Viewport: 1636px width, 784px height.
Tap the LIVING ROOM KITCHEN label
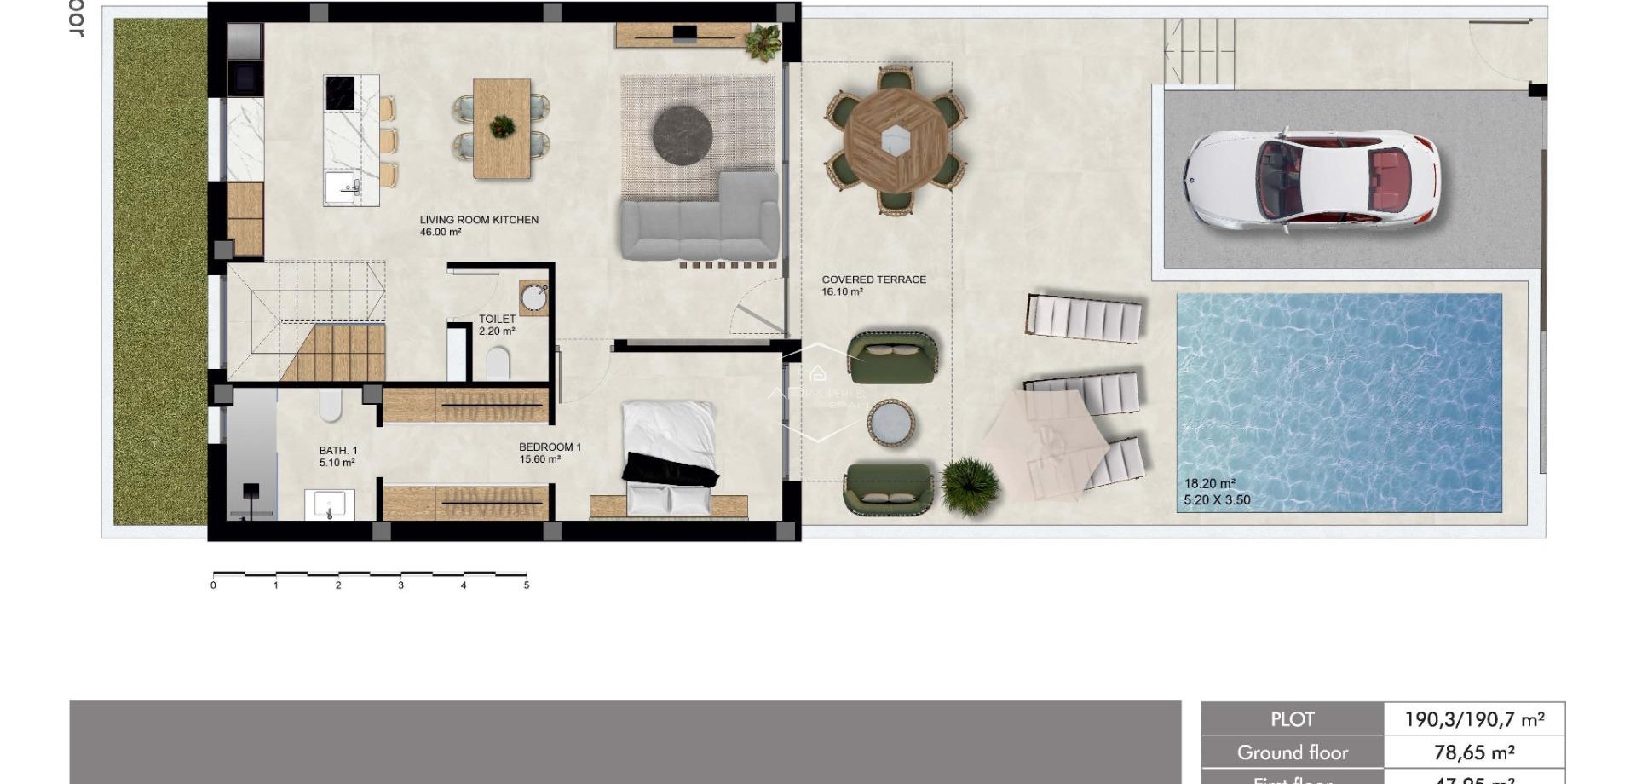[x=479, y=220]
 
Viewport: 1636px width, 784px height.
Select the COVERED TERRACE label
[x=873, y=280]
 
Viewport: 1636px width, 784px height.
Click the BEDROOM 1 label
[x=550, y=447]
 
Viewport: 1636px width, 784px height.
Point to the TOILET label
[x=497, y=319]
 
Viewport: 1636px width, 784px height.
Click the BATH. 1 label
[x=338, y=451]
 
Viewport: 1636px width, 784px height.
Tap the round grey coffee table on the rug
[x=683, y=134]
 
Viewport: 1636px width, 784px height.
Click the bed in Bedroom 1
[x=669, y=456]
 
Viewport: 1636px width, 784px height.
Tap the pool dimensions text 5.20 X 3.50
[x=1217, y=500]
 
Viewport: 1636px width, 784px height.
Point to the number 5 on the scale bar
[x=527, y=585]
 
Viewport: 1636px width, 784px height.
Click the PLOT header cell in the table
[x=1292, y=719]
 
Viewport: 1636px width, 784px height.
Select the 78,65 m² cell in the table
[x=1473, y=752]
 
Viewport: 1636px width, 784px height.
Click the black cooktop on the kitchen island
[x=340, y=93]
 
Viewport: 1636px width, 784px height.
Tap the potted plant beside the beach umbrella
[x=969, y=485]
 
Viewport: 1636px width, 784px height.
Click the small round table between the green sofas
[x=891, y=424]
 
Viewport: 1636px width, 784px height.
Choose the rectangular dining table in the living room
[x=502, y=128]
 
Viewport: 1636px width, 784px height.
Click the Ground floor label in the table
[x=1292, y=752]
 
